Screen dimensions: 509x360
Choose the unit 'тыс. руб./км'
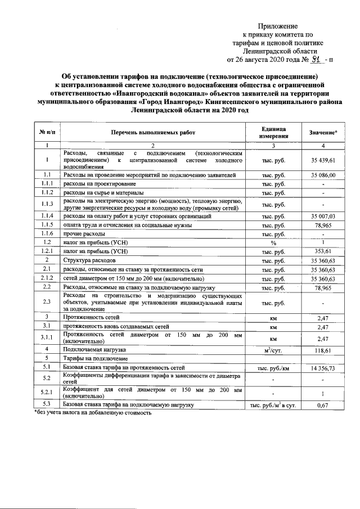pyautogui.click(x=273, y=367)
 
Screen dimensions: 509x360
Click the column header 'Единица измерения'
pyautogui.click(x=273, y=132)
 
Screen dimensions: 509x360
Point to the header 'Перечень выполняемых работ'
pyautogui.click(x=154, y=132)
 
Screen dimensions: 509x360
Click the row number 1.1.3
pyautogui.click(x=48, y=204)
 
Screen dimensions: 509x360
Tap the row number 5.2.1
pyautogui.click(x=48, y=392)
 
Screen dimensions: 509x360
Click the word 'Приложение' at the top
pyautogui.click(x=278, y=26)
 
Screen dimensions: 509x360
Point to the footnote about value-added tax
pyautogui.click(x=93, y=412)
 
